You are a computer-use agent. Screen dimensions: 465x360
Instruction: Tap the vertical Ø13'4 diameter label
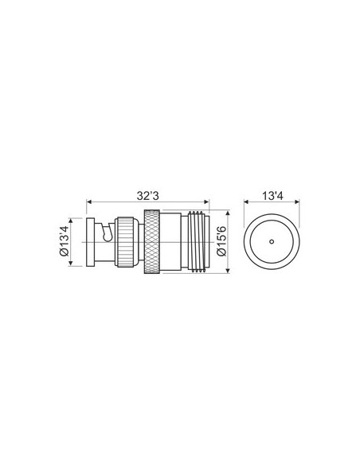click(69, 240)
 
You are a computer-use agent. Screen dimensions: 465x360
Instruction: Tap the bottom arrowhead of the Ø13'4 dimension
click(77, 264)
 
